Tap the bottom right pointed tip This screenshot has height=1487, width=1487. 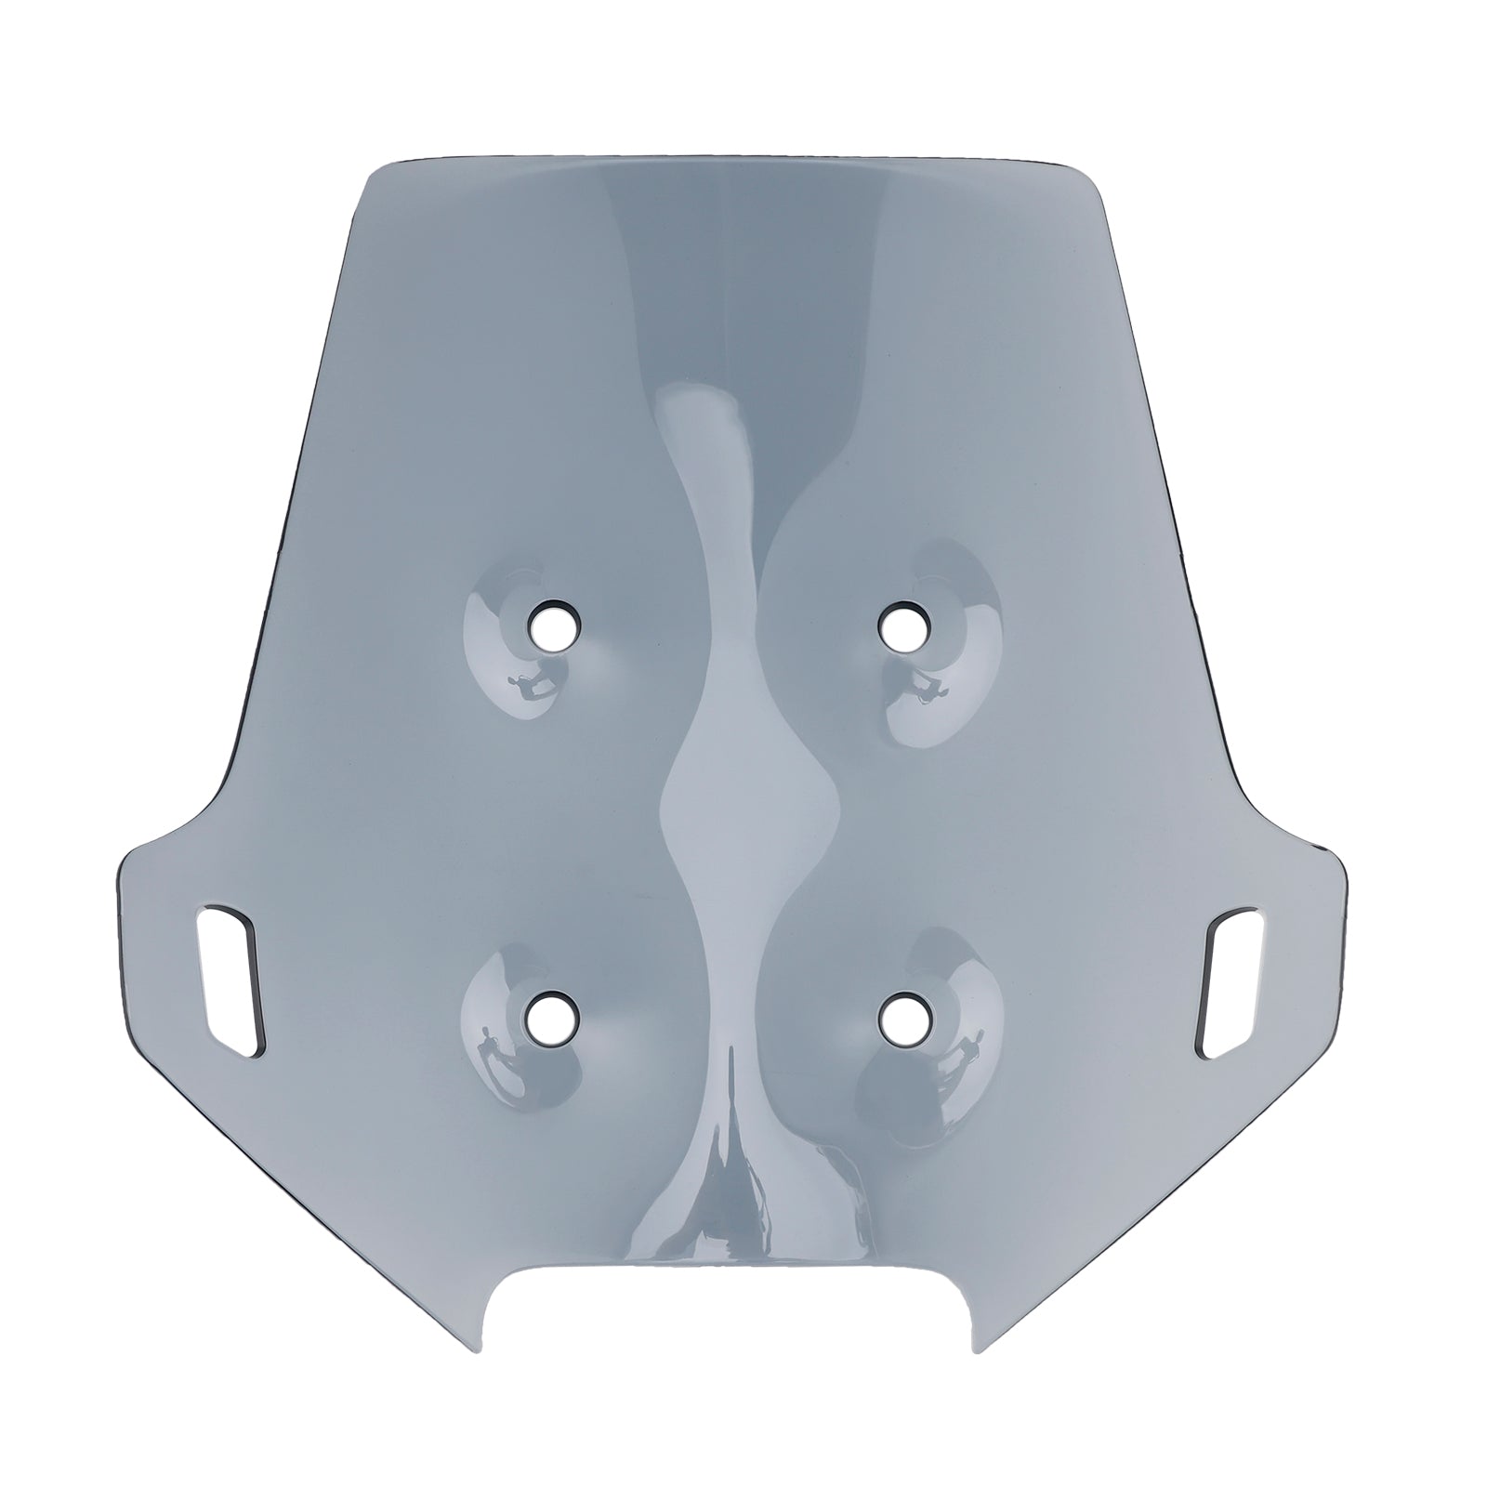coord(971,1347)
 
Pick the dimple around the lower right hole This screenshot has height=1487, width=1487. coord(929,1032)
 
